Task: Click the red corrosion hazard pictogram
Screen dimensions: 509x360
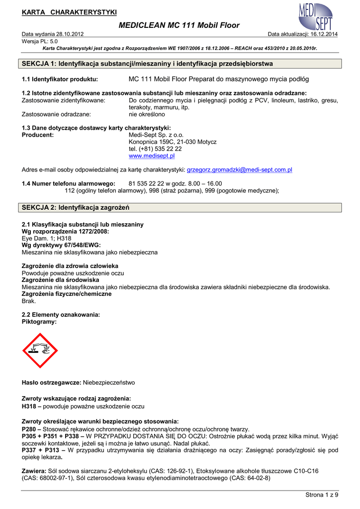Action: pyautogui.click(x=40, y=350)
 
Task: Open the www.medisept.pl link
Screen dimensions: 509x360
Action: pyautogui.click(x=152, y=156)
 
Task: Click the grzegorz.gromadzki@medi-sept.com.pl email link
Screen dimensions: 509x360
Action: pyautogui.click(x=239, y=170)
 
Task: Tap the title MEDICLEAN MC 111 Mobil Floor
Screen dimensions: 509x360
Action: pyautogui.click(x=180, y=25)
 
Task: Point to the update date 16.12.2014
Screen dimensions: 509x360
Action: pyautogui.click(x=324, y=34)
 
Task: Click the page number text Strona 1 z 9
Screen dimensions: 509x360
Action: pyautogui.click(x=321, y=495)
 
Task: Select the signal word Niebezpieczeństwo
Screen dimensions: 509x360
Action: pyautogui.click(x=108, y=383)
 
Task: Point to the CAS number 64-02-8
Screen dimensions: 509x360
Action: pyautogui.click(x=255, y=478)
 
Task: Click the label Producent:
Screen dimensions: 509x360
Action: pyautogui.click(x=38, y=135)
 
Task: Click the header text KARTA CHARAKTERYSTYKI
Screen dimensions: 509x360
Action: pyautogui.click(x=69, y=12)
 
